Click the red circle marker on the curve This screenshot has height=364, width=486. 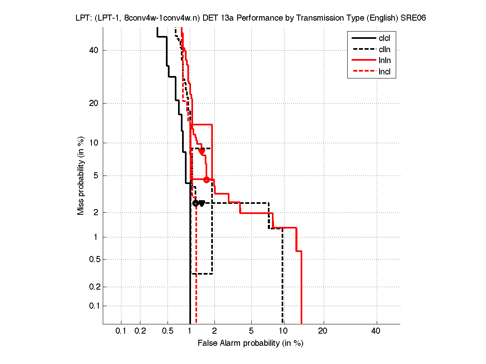tap(206, 180)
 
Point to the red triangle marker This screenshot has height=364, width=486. tap(202, 152)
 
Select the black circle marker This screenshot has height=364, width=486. tap(195, 203)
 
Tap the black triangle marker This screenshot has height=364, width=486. tap(202, 203)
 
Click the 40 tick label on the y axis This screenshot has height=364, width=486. tap(94, 50)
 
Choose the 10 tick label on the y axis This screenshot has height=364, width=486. tap(94, 143)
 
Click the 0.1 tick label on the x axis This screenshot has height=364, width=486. tap(121, 331)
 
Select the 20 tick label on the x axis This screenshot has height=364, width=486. tap(323, 331)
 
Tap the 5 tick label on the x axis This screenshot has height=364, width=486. tap(251, 331)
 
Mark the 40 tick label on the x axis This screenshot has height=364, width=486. tap(376, 331)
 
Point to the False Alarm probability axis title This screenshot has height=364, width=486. tap(250, 343)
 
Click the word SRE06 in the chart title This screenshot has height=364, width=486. tap(413, 18)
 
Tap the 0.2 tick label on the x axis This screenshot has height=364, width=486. tap(140, 331)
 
